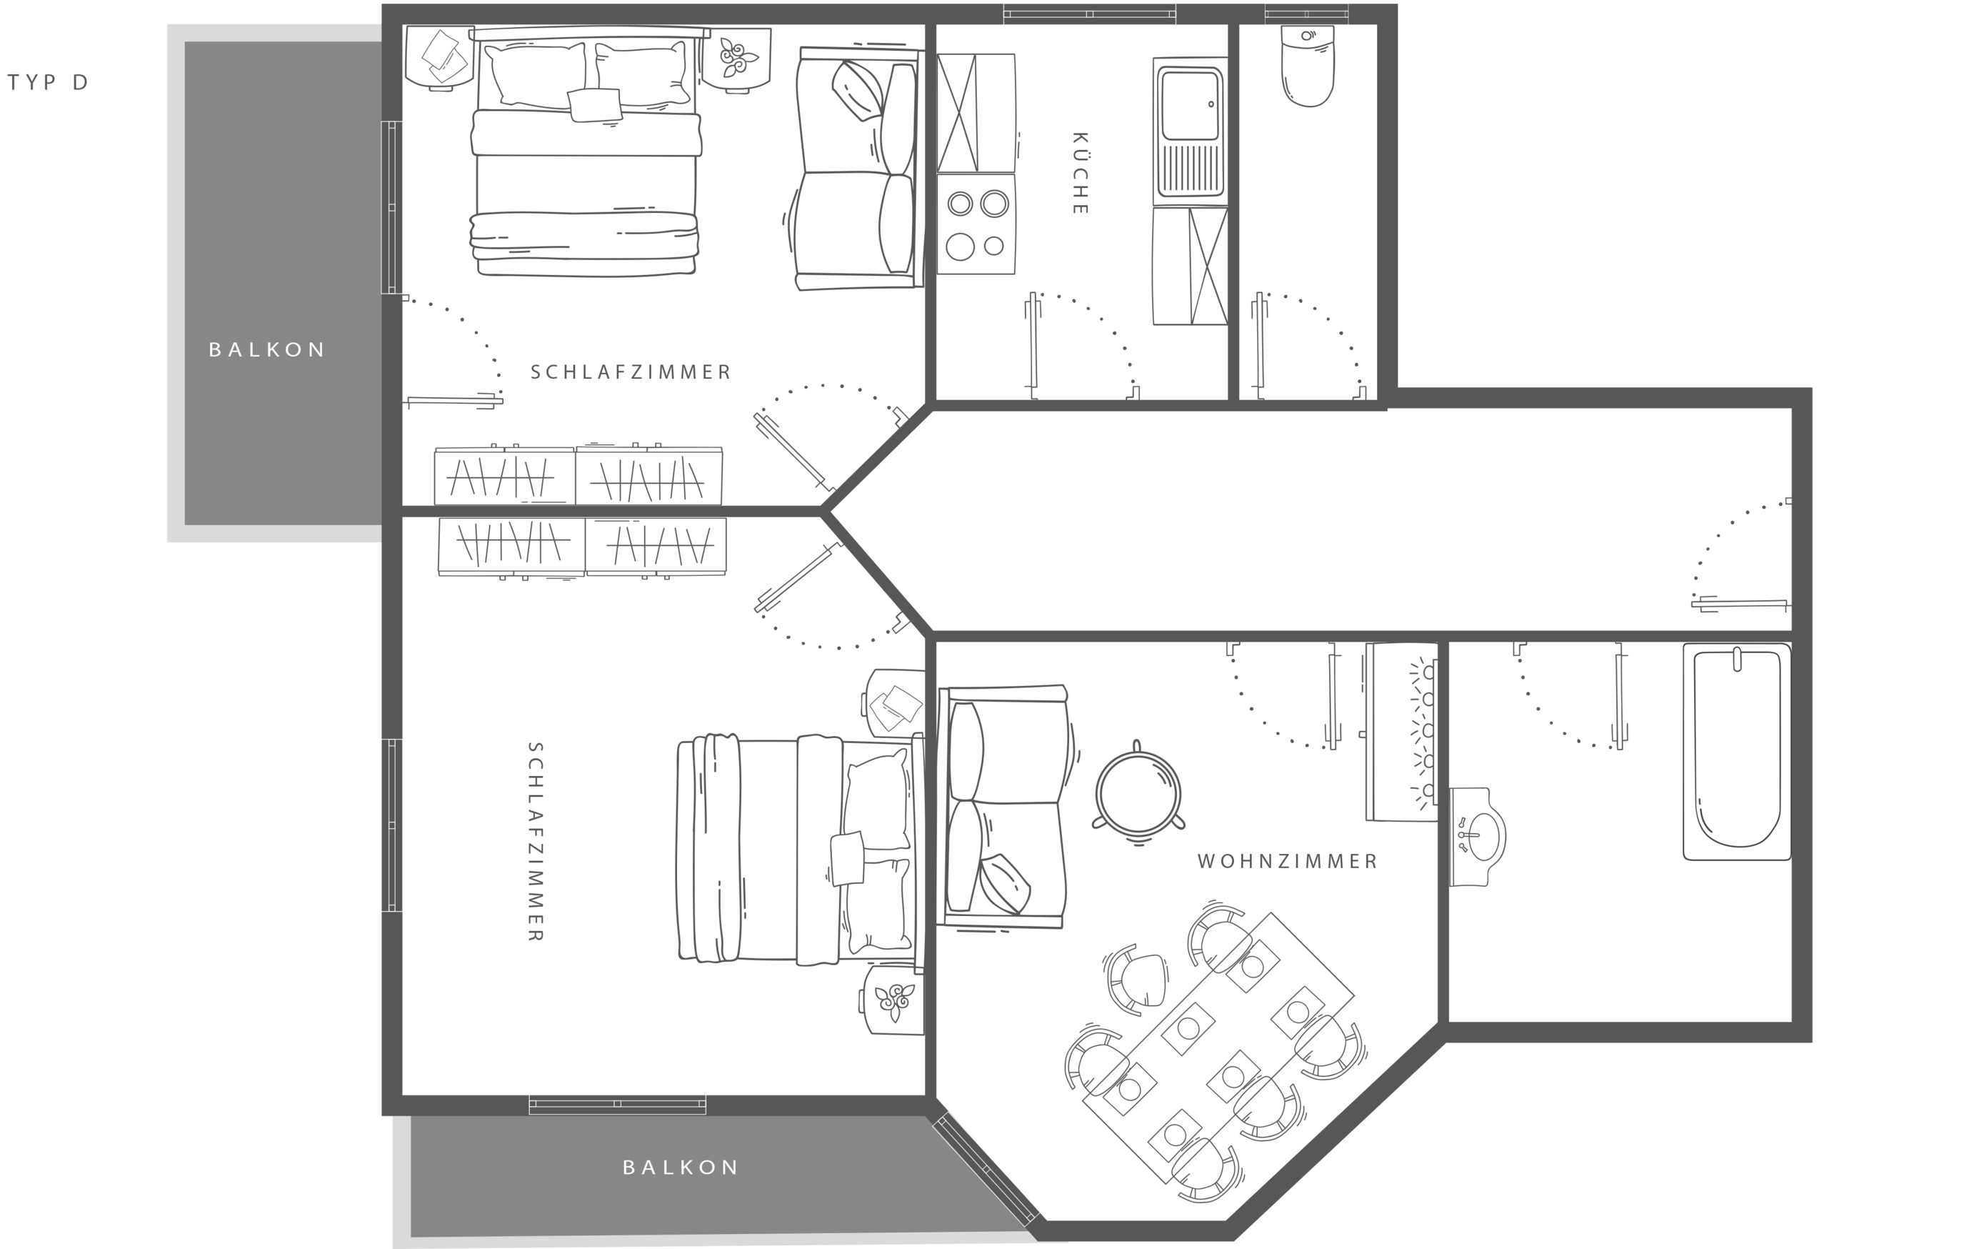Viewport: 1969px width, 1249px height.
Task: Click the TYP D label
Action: [47, 83]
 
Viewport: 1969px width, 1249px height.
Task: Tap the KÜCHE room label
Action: [1079, 174]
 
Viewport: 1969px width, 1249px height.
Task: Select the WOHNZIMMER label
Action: [1288, 861]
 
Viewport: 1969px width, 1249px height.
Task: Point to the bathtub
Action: [1737, 751]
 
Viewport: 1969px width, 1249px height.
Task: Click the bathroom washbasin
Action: [1478, 837]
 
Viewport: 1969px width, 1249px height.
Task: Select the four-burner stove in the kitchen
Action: [976, 224]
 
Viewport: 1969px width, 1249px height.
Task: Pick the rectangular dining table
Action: [1218, 1050]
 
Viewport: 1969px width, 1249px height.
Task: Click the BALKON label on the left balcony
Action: [267, 350]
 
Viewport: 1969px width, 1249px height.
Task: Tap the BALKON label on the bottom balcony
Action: [681, 1168]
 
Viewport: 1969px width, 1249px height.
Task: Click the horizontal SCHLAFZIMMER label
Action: [631, 372]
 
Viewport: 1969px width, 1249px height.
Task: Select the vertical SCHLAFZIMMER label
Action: [536, 842]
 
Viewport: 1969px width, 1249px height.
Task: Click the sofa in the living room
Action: [1004, 807]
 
